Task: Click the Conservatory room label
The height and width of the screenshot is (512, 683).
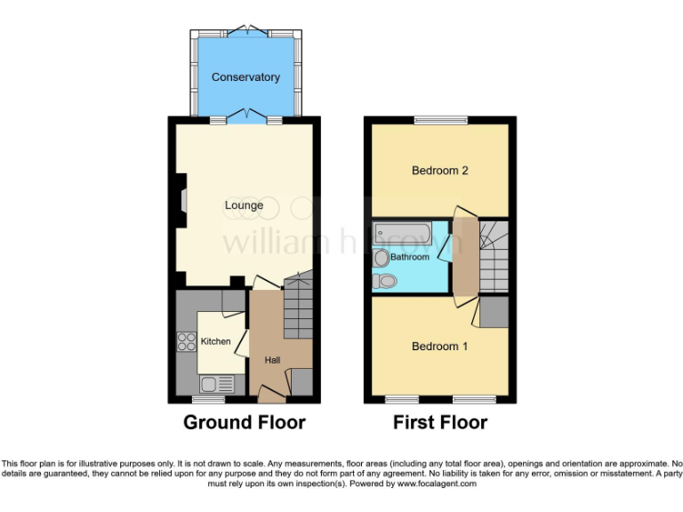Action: click(x=245, y=77)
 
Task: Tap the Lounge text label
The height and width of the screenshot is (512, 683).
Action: click(x=244, y=205)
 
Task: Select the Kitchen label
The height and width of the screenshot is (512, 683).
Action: click(x=215, y=341)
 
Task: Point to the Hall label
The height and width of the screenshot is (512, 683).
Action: click(x=272, y=360)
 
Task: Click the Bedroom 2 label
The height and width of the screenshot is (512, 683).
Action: click(x=439, y=171)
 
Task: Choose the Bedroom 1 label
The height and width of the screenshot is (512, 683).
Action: click(x=439, y=346)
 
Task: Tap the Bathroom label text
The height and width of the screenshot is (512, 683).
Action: click(x=410, y=257)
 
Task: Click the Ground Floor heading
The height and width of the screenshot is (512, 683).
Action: click(x=244, y=422)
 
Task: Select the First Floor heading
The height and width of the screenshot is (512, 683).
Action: click(x=440, y=422)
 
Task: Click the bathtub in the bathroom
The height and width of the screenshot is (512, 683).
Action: click(x=401, y=234)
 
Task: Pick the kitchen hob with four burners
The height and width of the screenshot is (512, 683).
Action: click(x=188, y=341)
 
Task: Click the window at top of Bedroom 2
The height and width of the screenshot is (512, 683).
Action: click(x=439, y=120)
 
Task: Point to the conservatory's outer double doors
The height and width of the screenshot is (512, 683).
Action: click(x=245, y=32)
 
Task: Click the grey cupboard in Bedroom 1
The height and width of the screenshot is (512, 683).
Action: click(x=494, y=312)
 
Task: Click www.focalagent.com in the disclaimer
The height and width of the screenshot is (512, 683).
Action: click(x=437, y=484)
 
